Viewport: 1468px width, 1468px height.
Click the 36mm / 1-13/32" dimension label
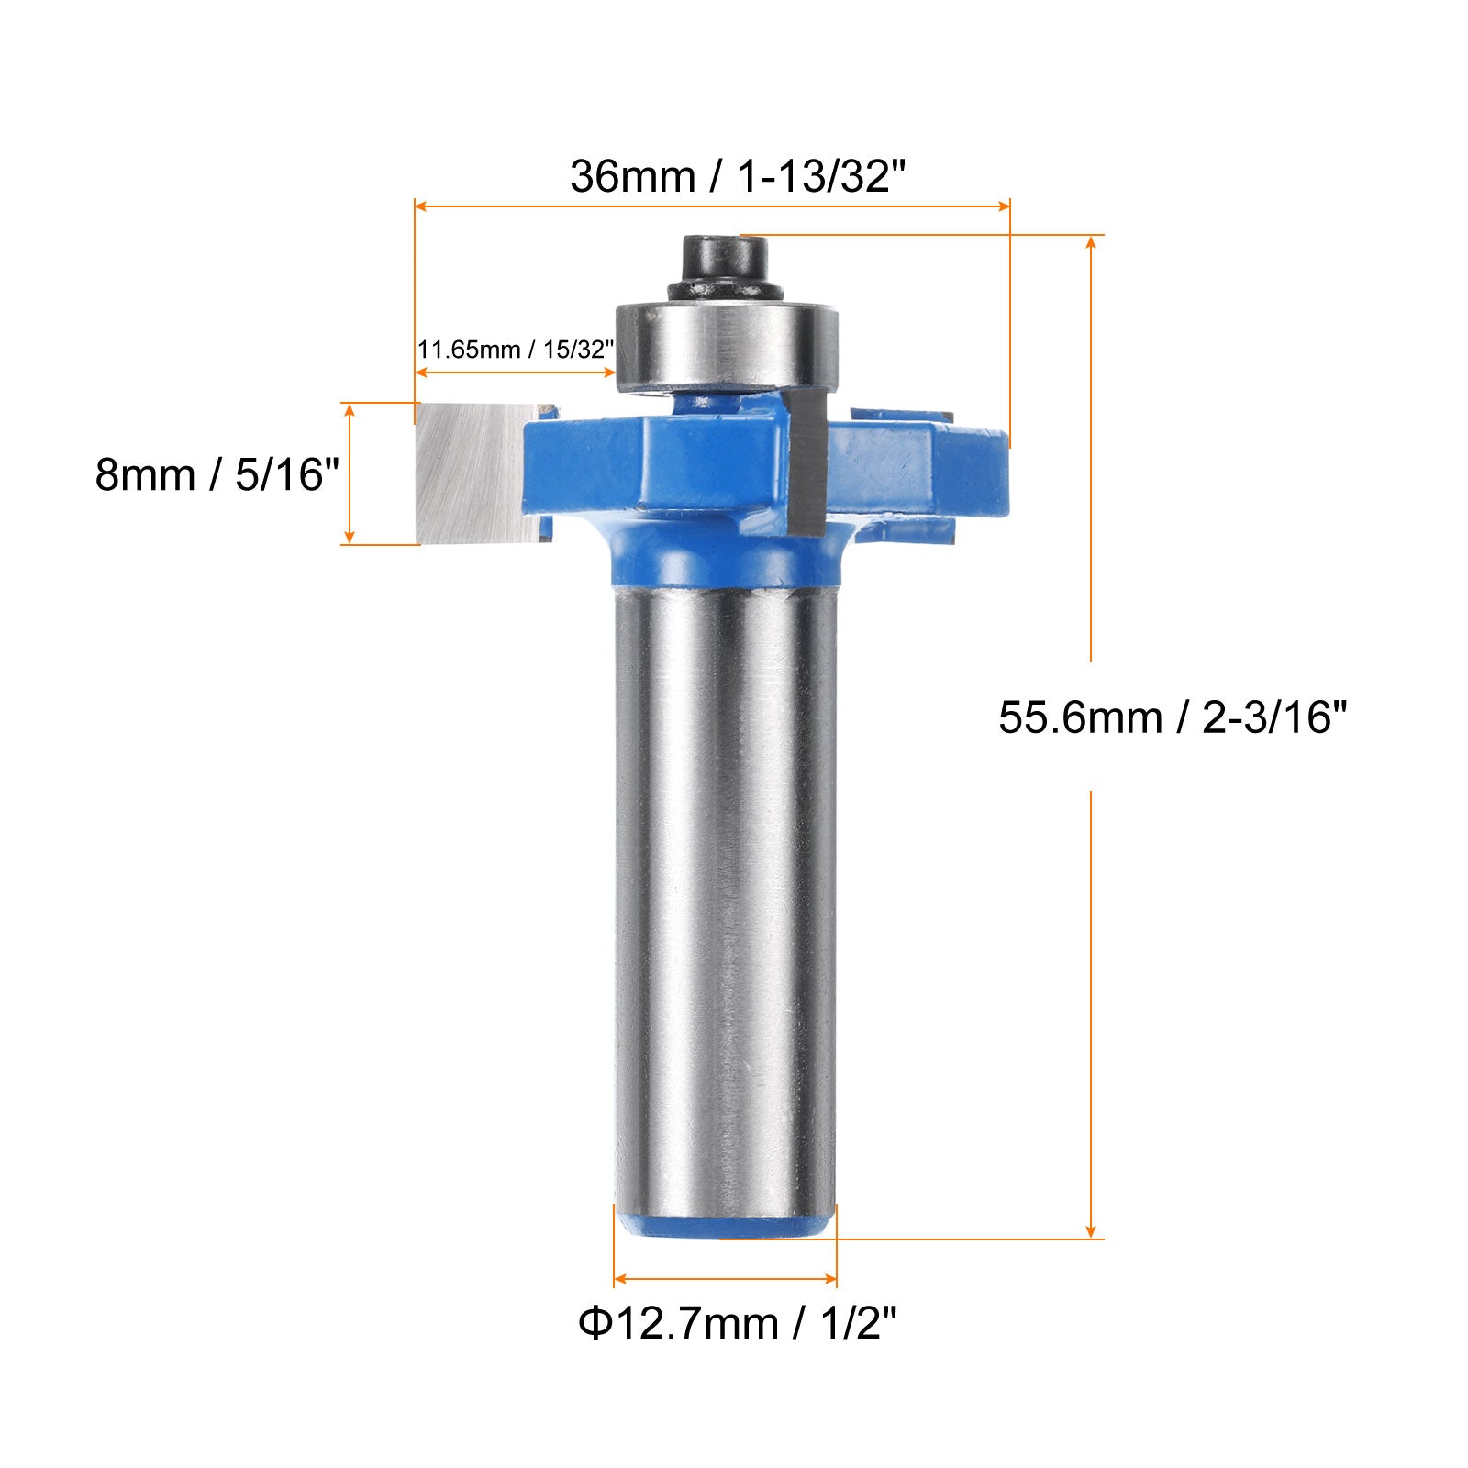pyautogui.click(x=738, y=175)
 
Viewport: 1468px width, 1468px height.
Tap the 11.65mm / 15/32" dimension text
pyautogui.click(x=516, y=350)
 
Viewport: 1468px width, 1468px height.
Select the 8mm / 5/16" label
pyautogui.click(x=217, y=475)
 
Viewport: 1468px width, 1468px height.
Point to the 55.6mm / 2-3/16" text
pyautogui.click(x=1173, y=717)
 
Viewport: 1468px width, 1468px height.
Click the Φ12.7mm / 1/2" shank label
pyautogui.click(x=738, y=1323)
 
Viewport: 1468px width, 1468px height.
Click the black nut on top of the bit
pyautogui.click(x=725, y=267)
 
